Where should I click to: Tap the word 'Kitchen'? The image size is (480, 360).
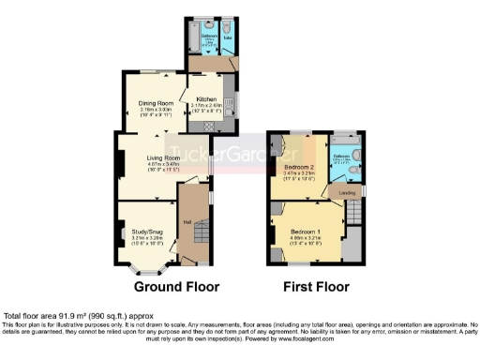[x=206, y=98]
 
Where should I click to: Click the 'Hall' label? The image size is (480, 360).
[x=187, y=221]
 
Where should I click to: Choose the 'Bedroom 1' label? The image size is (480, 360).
[x=305, y=232]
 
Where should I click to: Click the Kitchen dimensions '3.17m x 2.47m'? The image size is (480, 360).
[x=206, y=106]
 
